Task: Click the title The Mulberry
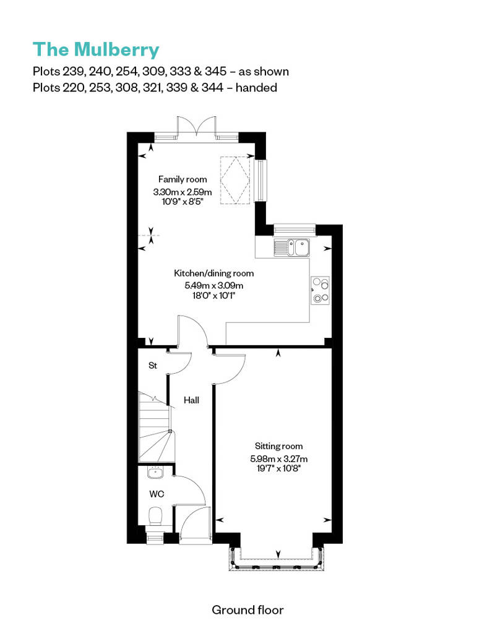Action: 96,49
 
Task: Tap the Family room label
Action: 183,179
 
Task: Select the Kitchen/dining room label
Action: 213,273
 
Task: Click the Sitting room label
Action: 278,446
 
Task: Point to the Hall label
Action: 191,400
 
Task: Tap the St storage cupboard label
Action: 153,366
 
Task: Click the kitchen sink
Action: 294,247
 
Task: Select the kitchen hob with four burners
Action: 321,291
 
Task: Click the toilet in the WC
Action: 155,515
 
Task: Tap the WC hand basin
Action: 155,473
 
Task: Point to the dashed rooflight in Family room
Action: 234,179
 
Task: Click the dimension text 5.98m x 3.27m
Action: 278,458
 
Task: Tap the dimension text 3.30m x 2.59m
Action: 183,192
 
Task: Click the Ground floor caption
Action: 247,610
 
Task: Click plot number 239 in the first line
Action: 72,71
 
